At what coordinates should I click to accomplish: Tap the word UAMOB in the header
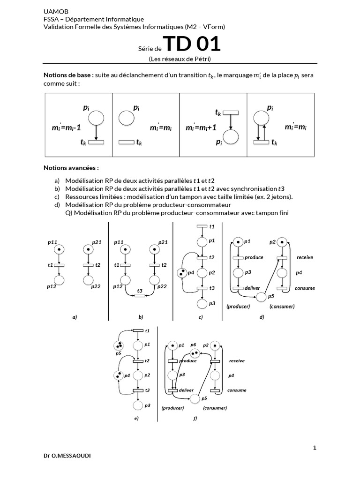click(x=55, y=11)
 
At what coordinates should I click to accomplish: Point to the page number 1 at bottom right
click(x=315, y=448)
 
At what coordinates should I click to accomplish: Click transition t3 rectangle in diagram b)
click(x=139, y=296)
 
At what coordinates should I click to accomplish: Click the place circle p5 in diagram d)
click(x=262, y=297)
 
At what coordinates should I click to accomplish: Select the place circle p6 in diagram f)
click(x=195, y=353)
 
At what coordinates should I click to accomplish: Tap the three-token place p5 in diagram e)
click(x=118, y=346)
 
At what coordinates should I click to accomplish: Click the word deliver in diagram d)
click(x=252, y=288)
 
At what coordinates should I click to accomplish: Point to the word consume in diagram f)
click(x=237, y=390)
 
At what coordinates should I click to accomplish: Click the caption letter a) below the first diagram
click(x=74, y=317)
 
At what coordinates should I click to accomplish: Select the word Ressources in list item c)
click(x=81, y=197)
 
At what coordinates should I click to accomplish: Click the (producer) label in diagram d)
click(x=238, y=306)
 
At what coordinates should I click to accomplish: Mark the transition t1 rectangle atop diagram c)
click(x=202, y=227)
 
